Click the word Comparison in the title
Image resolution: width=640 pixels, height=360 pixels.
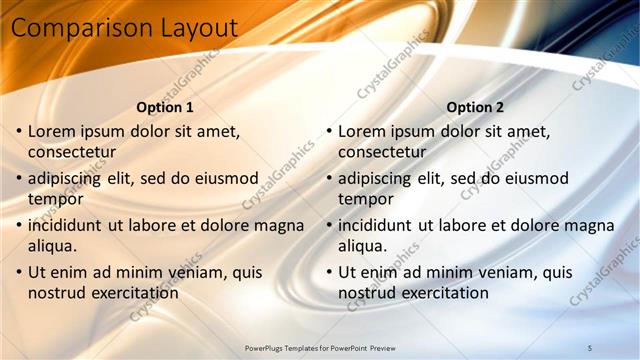(76, 29)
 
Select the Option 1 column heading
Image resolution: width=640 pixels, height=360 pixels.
(164, 107)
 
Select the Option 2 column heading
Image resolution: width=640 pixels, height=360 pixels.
(475, 107)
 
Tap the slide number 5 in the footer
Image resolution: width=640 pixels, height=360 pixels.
(589, 347)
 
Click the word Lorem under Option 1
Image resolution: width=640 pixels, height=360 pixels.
(51, 131)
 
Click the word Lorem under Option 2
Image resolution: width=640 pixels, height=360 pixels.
(361, 131)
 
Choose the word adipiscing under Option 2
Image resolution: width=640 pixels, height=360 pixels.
(374, 178)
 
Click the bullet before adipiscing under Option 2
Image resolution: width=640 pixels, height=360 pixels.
(329, 179)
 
